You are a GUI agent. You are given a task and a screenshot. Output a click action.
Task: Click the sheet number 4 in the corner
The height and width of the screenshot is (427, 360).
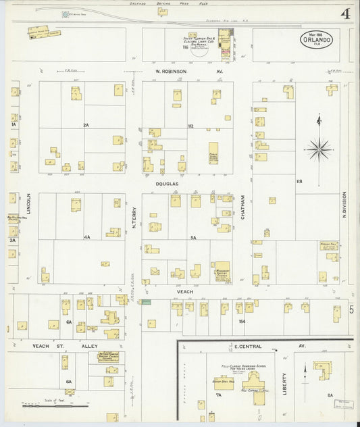click(x=344, y=14)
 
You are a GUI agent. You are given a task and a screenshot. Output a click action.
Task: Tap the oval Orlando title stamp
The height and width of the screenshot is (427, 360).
click(x=316, y=39)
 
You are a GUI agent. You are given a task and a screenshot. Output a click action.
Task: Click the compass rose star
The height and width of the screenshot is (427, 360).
click(x=318, y=148)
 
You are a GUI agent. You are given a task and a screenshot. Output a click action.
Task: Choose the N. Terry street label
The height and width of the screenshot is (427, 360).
click(x=134, y=217)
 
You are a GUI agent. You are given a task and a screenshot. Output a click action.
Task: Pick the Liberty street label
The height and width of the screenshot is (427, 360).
click(x=284, y=382)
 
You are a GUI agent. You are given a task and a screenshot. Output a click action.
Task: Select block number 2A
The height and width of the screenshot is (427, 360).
click(x=86, y=126)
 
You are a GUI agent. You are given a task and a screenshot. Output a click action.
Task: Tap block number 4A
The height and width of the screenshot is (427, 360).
click(x=86, y=237)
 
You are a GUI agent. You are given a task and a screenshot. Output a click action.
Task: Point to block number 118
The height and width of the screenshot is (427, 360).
click(x=298, y=182)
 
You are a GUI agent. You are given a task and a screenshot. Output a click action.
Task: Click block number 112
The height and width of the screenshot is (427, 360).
click(x=190, y=126)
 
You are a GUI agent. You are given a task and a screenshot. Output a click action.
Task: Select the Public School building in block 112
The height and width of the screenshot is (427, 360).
click(x=213, y=153)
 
